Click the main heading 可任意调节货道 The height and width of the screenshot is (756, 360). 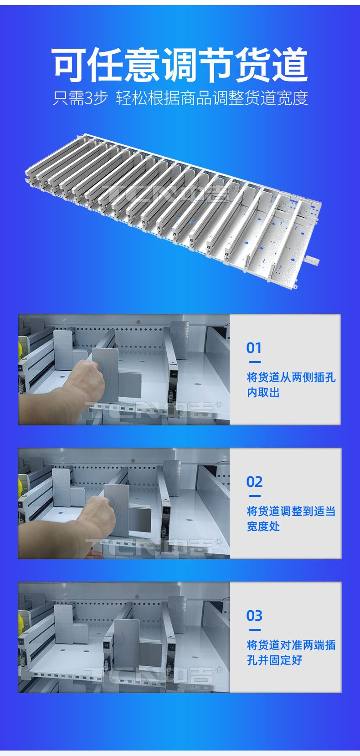point(180,65)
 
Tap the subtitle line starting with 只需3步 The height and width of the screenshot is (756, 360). point(180,98)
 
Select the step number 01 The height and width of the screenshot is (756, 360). point(254,348)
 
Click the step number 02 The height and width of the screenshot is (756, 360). point(254,482)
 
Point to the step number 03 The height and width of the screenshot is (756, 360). point(254,616)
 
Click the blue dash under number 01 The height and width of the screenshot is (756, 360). point(255,362)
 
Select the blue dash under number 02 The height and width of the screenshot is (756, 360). point(255,496)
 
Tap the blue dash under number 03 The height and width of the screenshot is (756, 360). point(255,630)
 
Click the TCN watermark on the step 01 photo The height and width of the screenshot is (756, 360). point(154,410)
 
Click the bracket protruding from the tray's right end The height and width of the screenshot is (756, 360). point(313,260)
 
